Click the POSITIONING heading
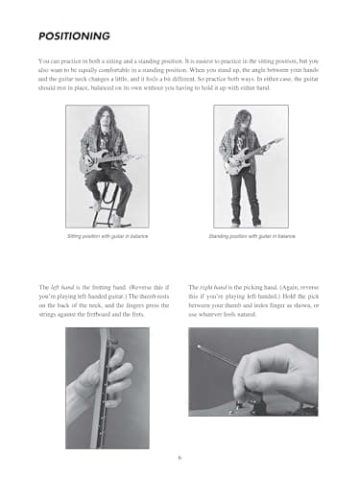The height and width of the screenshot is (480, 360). point(75,36)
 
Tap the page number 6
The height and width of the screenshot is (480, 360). point(180,455)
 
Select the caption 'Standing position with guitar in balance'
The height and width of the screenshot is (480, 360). point(252,235)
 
